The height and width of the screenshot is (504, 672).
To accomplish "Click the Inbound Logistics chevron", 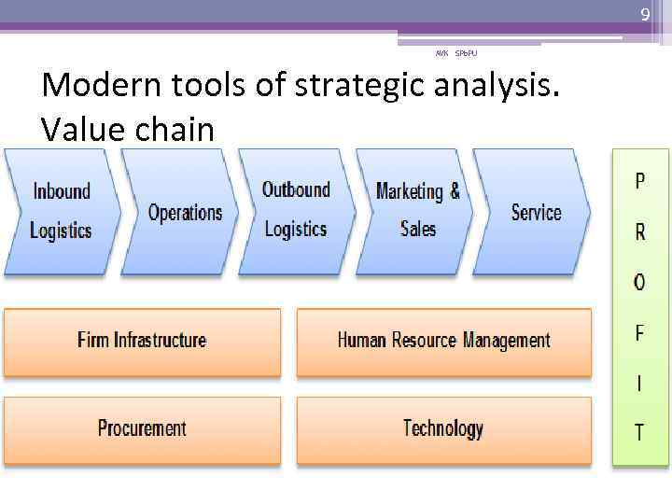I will tap(62, 211).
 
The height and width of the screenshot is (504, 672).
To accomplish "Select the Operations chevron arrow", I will tap(185, 212).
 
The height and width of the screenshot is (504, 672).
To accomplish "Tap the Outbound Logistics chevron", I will tap(296, 210).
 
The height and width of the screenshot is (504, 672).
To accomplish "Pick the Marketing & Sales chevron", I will tap(417, 210).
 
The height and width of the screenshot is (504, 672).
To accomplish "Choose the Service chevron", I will tap(536, 212).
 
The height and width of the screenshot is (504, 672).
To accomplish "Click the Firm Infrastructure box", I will tap(142, 341).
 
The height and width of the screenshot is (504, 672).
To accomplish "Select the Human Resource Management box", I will tap(443, 341).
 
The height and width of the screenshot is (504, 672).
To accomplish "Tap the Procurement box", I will tap(142, 429).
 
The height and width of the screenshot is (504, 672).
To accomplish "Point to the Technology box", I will tap(443, 429).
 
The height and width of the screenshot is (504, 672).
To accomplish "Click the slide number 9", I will tap(644, 14).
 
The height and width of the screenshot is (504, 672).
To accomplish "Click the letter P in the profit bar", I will tap(639, 182).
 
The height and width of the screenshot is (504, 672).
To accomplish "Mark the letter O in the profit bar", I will tap(639, 283).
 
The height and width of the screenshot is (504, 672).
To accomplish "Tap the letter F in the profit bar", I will tap(639, 333).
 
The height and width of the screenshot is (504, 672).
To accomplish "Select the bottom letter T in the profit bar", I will tap(639, 433).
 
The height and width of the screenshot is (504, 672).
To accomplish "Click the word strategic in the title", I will tap(353, 86).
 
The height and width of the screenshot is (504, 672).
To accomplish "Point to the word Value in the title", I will tap(82, 129).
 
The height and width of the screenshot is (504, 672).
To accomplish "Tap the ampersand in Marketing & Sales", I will tap(455, 190).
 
